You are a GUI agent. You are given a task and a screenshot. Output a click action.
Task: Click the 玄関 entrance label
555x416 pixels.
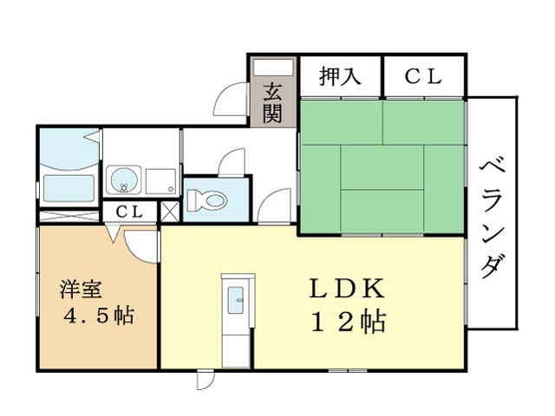point(272,102)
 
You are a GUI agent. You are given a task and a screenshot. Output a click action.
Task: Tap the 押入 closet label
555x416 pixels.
point(340,76)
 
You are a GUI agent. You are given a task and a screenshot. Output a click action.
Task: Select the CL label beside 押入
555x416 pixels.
point(423,76)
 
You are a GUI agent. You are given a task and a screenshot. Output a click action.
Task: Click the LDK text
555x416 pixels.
point(347,289)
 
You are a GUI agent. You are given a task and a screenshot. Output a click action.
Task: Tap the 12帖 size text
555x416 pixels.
point(349,322)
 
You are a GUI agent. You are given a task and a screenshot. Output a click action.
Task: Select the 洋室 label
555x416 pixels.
point(81,289)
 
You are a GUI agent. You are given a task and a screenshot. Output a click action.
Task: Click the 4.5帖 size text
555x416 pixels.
point(99,315)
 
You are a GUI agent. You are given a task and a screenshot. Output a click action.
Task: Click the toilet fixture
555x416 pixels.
point(206,201)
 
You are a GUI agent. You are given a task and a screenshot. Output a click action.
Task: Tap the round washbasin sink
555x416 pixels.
point(123,179)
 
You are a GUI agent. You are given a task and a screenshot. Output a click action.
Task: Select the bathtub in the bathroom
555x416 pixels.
point(69,189)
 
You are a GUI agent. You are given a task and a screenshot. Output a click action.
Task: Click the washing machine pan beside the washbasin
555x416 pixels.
point(161,181)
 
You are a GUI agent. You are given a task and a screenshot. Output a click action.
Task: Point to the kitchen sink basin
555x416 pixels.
point(235,300)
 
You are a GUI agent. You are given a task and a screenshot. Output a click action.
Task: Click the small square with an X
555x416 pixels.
point(170,211)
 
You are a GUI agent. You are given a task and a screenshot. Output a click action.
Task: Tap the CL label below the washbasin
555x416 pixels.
point(129,211)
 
